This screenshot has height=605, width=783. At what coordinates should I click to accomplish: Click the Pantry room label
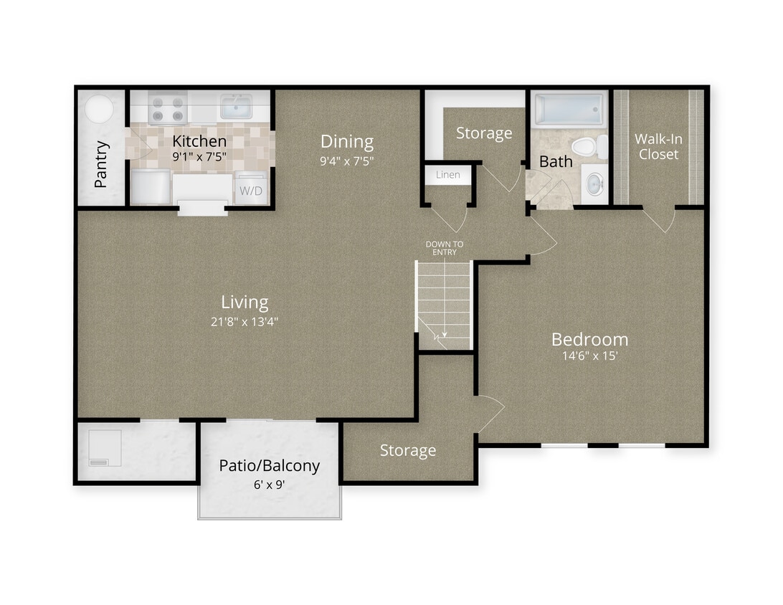pos(101,164)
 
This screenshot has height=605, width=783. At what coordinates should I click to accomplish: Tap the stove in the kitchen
pos(167,108)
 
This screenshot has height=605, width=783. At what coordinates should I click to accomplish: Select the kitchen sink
pos(235,107)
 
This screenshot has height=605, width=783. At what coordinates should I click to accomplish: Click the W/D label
pos(250,191)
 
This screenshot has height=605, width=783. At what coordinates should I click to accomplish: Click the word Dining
pos(347,141)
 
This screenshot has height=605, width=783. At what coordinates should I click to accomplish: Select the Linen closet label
pos(448,175)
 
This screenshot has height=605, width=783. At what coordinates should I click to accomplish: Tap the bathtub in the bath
pos(571,109)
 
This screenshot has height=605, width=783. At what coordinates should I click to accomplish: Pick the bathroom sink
pos(594,184)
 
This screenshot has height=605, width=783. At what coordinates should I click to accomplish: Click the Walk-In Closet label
pos(658,146)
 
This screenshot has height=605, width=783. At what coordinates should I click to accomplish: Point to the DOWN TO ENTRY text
pos(445,248)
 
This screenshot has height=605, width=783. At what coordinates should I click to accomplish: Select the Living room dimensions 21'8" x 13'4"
pos(245,322)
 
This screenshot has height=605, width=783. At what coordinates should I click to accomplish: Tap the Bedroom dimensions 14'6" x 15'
pos(589,356)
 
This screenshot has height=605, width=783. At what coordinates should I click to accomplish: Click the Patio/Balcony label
pos(269,466)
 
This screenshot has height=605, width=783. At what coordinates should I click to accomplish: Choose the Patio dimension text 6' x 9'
pos(269,485)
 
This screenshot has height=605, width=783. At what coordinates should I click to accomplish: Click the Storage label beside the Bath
pos(484,133)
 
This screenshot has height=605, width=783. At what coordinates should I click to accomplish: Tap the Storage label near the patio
pos(407,450)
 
